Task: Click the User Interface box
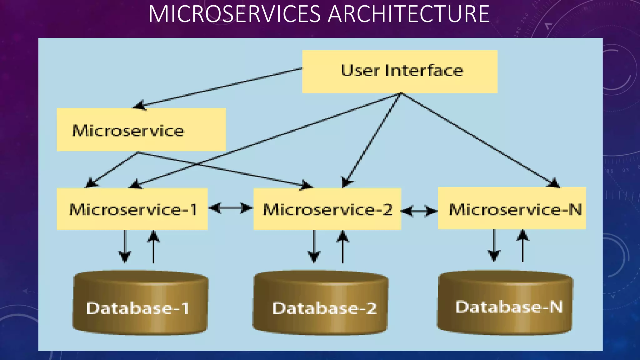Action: click(x=399, y=72)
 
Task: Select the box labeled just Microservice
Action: click(x=141, y=130)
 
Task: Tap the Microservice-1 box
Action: click(x=132, y=209)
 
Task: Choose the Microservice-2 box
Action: click(x=327, y=209)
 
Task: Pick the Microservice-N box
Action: click(x=512, y=208)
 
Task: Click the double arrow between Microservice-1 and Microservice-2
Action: click(x=231, y=208)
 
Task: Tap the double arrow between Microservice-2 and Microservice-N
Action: click(x=419, y=212)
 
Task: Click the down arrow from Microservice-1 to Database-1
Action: click(x=125, y=247)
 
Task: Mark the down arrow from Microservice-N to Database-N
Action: click(x=494, y=246)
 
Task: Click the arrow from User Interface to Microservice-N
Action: click(x=478, y=139)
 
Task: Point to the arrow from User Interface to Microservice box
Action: click(x=219, y=88)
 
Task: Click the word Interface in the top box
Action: click(x=424, y=71)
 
